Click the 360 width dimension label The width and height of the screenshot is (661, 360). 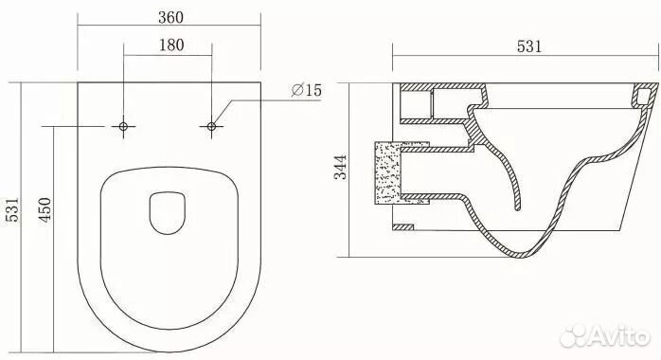coord(170,17)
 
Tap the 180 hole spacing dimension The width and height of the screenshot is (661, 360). coord(171,45)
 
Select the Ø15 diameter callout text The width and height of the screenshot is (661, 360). coord(307,89)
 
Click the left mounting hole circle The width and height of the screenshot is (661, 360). coord(123,126)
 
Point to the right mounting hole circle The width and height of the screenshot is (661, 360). coord(211,126)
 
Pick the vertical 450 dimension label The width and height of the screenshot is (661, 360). coord(45,209)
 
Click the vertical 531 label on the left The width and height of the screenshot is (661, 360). coord(12,209)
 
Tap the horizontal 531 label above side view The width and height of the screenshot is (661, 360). coord(529,46)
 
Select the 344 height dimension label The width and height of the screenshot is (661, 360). coord(341,168)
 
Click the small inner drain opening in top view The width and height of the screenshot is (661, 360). coord(168,213)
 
